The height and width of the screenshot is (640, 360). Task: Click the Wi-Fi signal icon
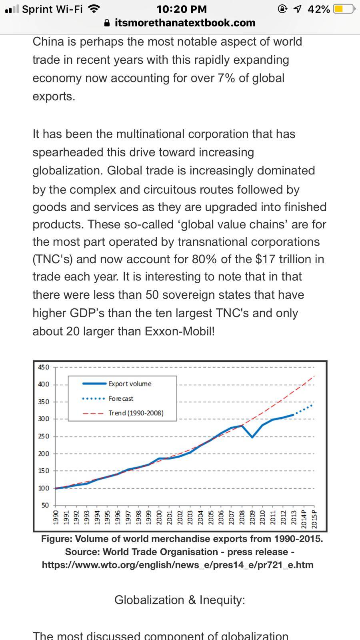click(x=94, y=9)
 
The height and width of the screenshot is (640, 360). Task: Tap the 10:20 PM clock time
click(x=182, y=9)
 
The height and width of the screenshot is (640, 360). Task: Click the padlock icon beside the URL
click(x=107, y=23)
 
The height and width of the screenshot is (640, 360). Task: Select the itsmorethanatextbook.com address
click(x=185, y=23)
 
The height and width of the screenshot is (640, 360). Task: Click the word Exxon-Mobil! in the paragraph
click(x=180, y=332)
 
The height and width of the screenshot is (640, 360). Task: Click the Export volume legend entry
click(x=130, y=384)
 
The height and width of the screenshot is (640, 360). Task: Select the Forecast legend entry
click(x=120, y=398)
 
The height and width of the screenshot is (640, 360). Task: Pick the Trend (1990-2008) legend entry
click(x=136, y=413)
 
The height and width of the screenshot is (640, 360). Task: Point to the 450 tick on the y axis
click(x=44, y=367)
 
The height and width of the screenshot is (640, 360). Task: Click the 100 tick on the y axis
click(x=44, y=488)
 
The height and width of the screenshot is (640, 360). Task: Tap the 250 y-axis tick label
click(x=44, y=436)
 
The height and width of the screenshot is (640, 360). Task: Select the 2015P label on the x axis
click(x=314, y=519)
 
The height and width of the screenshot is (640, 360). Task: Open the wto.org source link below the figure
click(x=178, y=565)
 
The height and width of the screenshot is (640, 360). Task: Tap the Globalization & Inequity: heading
click(x=180, y=600)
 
